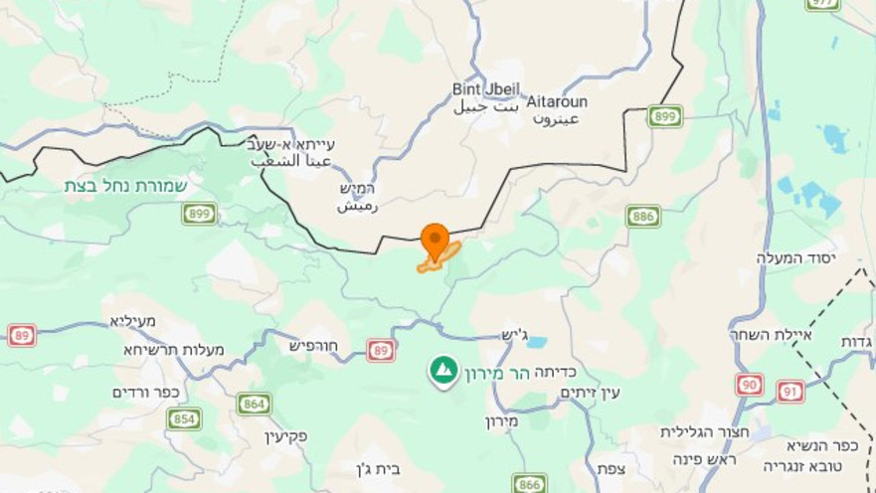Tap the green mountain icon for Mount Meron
pos(443,371)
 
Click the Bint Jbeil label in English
pos(486,89)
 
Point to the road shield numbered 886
pos(643,216)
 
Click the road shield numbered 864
pos(254,404)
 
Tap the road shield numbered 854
pos(184,418)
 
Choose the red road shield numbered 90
pos(750,384)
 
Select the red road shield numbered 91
pos(790,391)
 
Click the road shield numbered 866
pos(529,484)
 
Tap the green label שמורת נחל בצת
pos(126,186)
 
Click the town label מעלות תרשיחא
pos(174,349)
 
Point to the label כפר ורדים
pos(145,392)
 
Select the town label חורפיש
pos(313,346)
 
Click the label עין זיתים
pos(590,393)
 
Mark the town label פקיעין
pos(285,435)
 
